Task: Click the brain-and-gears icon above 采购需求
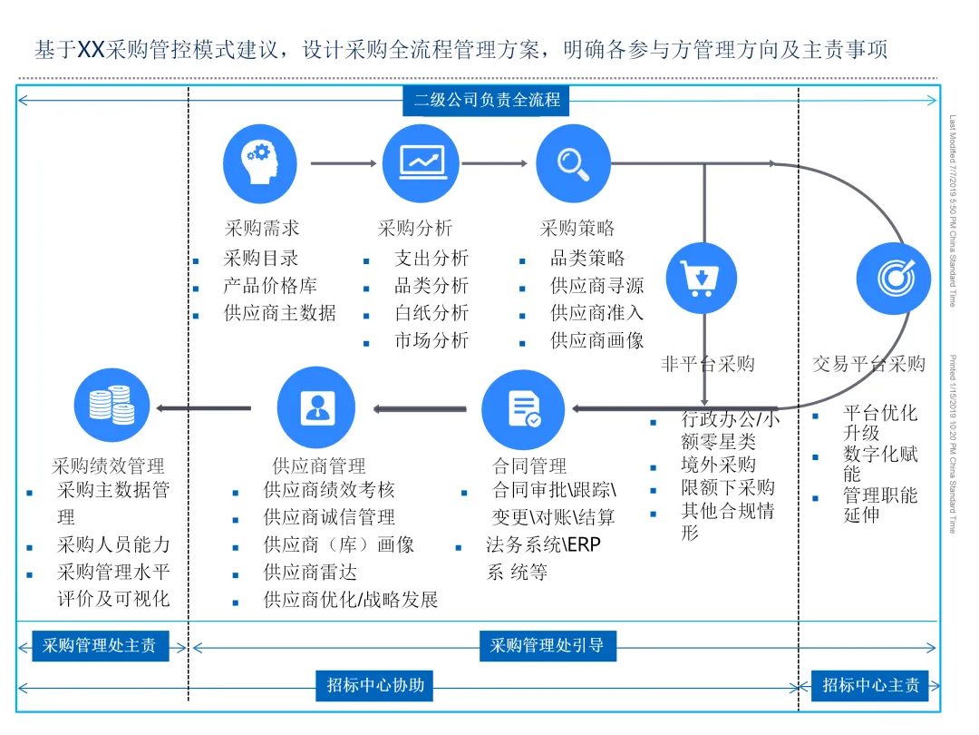[260, 163]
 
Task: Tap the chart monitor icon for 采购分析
[421, 163]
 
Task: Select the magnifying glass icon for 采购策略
[573, 163]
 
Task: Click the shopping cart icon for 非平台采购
[702, 278]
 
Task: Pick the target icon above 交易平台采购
[894, 278]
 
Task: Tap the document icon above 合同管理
[523, 408]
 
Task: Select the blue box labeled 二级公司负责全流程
[486, 100]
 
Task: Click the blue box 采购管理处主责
[100, 646]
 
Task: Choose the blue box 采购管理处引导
[547, 646]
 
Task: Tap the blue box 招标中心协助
[375, 686]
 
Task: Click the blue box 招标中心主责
[870, 686]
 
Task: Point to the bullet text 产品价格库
[270, 286]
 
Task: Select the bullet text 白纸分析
[431, 313]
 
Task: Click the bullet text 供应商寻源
[597, 286]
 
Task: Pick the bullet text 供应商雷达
[310, 573]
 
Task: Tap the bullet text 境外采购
[718, 465]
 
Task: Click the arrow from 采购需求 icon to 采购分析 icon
[343, 164]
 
